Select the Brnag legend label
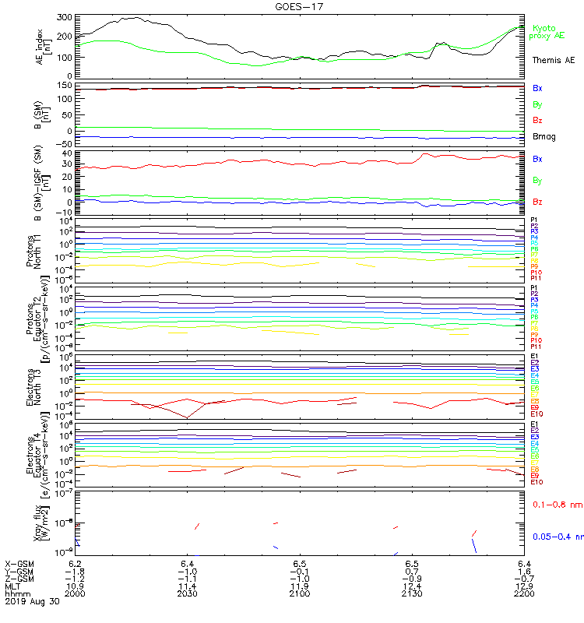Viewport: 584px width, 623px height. coord(544,136)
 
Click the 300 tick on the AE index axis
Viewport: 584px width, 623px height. coord(65,17)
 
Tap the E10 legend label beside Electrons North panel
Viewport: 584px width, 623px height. coord(537,414)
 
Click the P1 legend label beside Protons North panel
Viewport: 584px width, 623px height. coord(534,220)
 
